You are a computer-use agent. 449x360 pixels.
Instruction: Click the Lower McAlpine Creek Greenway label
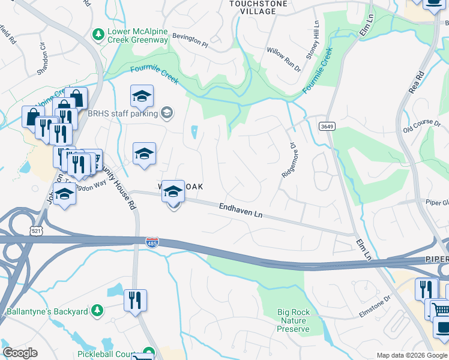137,35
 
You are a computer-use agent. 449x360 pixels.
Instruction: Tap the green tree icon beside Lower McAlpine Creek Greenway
98,35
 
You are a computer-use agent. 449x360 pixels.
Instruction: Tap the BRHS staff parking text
122,113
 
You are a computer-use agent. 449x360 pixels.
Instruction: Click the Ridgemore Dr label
289,160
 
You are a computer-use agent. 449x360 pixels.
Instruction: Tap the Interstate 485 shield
152,242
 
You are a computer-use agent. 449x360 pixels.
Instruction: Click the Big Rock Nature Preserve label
294,320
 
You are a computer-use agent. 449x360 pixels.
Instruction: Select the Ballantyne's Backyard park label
47,311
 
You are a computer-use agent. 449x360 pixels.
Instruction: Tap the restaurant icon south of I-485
135,299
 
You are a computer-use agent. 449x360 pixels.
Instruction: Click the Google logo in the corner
20,353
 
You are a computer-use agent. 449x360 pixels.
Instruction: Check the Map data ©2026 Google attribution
412,355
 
